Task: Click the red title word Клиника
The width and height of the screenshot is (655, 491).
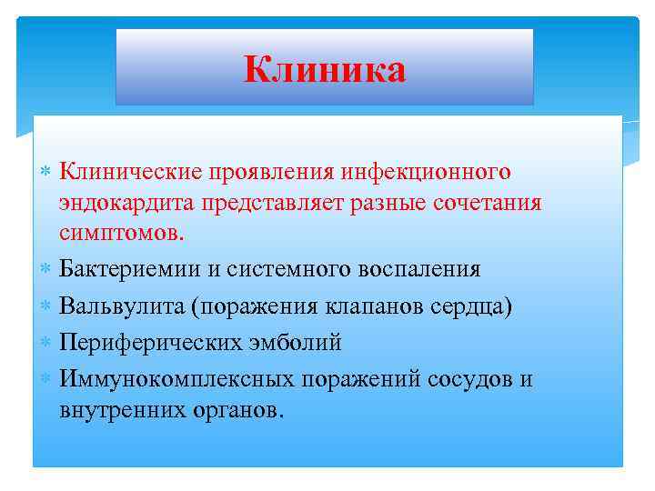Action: coord(324,68)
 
